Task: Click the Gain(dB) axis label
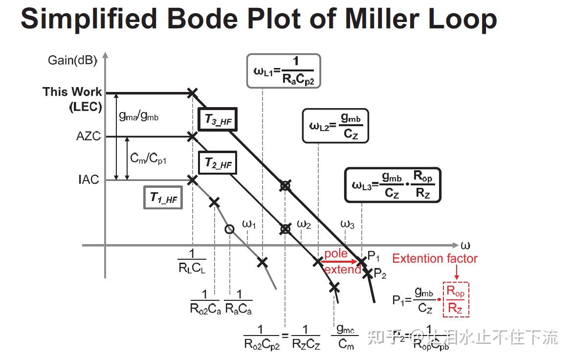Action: point(72,60)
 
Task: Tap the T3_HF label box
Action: point(218,119)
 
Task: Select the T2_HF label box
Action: point(218,162)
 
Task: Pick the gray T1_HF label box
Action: point(163,198)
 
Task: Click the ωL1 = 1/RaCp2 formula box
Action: point(284,71)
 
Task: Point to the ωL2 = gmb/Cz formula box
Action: point(335,126)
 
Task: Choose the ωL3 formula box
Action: point(393,184)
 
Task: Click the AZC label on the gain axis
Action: point(88,136)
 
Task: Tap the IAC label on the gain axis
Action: point(89,180)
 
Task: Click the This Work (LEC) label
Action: point(72,99)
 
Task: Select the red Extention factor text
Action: point(435,258)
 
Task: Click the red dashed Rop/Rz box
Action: point(455,299)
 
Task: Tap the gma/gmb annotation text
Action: point(138,116)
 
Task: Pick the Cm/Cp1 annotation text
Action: point(148,158)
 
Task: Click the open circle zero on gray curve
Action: point(229,229)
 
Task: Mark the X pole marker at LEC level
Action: point(192,92)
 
